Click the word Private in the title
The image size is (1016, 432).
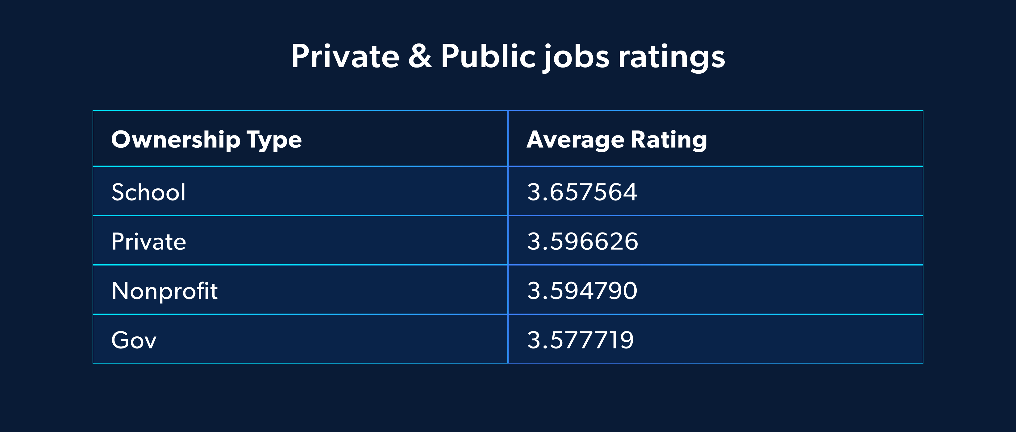(x=345, y=56)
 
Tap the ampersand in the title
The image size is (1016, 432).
(x=420, y=56)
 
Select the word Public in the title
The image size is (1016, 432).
(x=488, y=56)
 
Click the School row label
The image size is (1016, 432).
(x=148, y=192)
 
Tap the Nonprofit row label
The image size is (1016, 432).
(x=164, y=291)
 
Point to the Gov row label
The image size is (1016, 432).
(x=134, y=340)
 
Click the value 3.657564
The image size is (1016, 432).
(x=582, y=192)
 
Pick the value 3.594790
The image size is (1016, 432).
(x=582, y=291)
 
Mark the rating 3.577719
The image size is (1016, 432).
(x=580, y=340)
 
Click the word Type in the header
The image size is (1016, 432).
(x=274, y=140)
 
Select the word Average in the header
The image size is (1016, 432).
(x=576, y=140)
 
